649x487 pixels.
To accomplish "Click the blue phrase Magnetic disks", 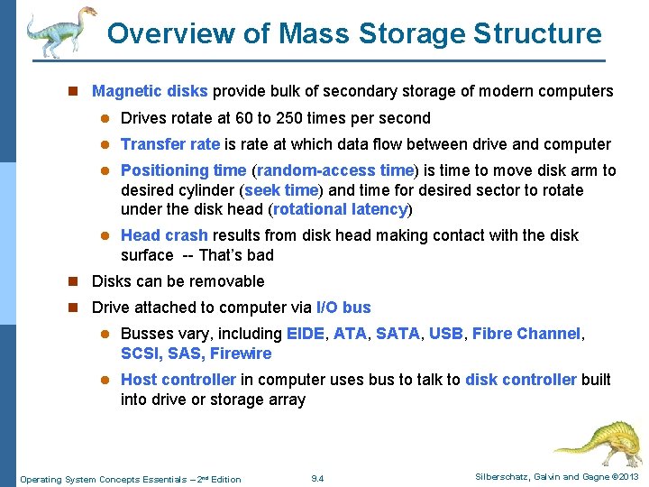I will click(x=150, y=91).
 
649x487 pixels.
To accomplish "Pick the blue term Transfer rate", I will click(x=169, y=144).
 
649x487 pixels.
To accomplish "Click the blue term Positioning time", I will click(x=183, y=170).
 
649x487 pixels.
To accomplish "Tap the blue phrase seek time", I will click(x=282, y=190).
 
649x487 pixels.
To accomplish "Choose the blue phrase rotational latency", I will click(x=341, y=209).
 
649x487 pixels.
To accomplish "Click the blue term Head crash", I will click(x=164, y=235).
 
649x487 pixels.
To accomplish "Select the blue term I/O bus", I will click(x=343, y=308).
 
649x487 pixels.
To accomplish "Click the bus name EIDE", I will click(x=305, y=334).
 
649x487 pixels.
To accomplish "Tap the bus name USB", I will click(x=445, y=334).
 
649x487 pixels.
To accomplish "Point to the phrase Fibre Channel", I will click(x=526, y=334).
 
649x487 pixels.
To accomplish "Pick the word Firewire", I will click(x=241, y=354).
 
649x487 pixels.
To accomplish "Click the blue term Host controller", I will click(x=178, y=380).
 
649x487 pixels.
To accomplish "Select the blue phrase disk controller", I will click(x=520, y=380).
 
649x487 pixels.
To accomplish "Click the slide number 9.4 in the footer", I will click(x=316, y=478).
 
